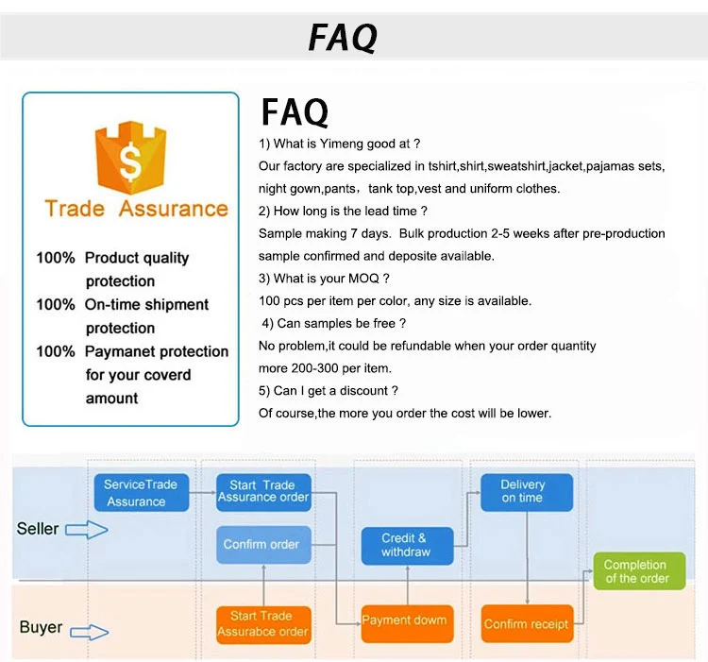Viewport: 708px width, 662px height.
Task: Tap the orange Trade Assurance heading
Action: pyautogui.click(x=136, y=209)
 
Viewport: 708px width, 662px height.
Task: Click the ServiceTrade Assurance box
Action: pyautogui.click(x=142, y=493)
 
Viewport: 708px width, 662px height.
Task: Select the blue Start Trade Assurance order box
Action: pyautogui.click(x=263, y=493)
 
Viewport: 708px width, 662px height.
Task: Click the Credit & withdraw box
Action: pyautogui.click(x=407, y=546)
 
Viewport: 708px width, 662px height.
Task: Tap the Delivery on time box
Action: pyautogui.click(x=527, y=493)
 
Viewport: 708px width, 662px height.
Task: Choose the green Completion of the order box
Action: pyautogui.click(x=639, y=571)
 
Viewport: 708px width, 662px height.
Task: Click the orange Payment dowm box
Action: pyautogui.click(x=407, y=623)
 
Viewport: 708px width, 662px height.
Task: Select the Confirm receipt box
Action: pyautogui.click(x=528, y=623)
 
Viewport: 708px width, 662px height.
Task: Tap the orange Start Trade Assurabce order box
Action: pyautogui.click(x=263, y=624)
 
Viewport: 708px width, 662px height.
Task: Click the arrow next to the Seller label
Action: pyautogui.click(x=87, y=530)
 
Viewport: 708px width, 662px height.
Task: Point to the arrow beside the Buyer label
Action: pyautogui.click(x=90, y=632)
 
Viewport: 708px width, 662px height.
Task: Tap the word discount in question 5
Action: pyautogui.click(x=364, y=391)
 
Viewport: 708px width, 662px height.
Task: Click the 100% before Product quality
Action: pyautogui.click(x=56, y=258)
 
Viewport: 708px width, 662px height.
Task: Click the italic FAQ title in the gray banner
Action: pyautogui.click(x=344, y=38)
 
